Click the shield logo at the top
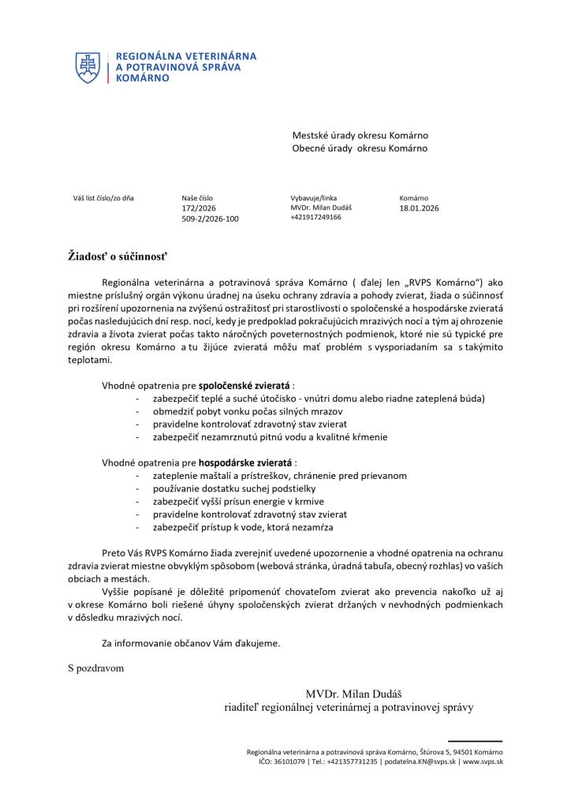tap(88, 68)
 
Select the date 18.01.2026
tap(419, 208)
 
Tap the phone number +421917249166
tap(315, 217)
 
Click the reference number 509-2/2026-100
tap(210, 219)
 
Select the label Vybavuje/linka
tap(313, 198)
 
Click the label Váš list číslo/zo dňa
tap(103, 198)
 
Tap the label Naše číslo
tap(197, 198)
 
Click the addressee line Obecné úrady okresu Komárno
tap(360, 148)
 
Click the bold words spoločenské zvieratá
tap(244, 386)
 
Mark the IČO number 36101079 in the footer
tap(287, 761)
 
